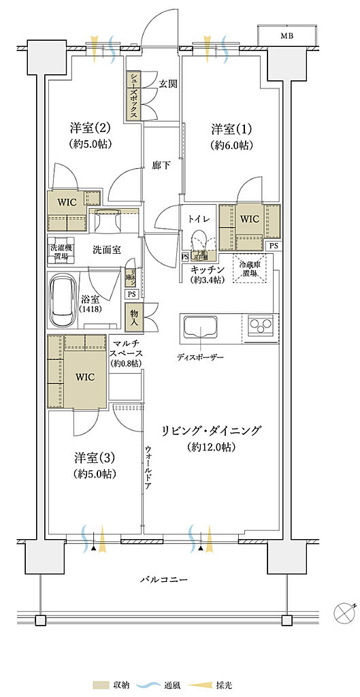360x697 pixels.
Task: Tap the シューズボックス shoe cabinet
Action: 133,96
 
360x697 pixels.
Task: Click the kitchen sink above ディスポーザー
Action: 198,329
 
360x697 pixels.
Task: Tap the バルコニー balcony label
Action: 164,579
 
